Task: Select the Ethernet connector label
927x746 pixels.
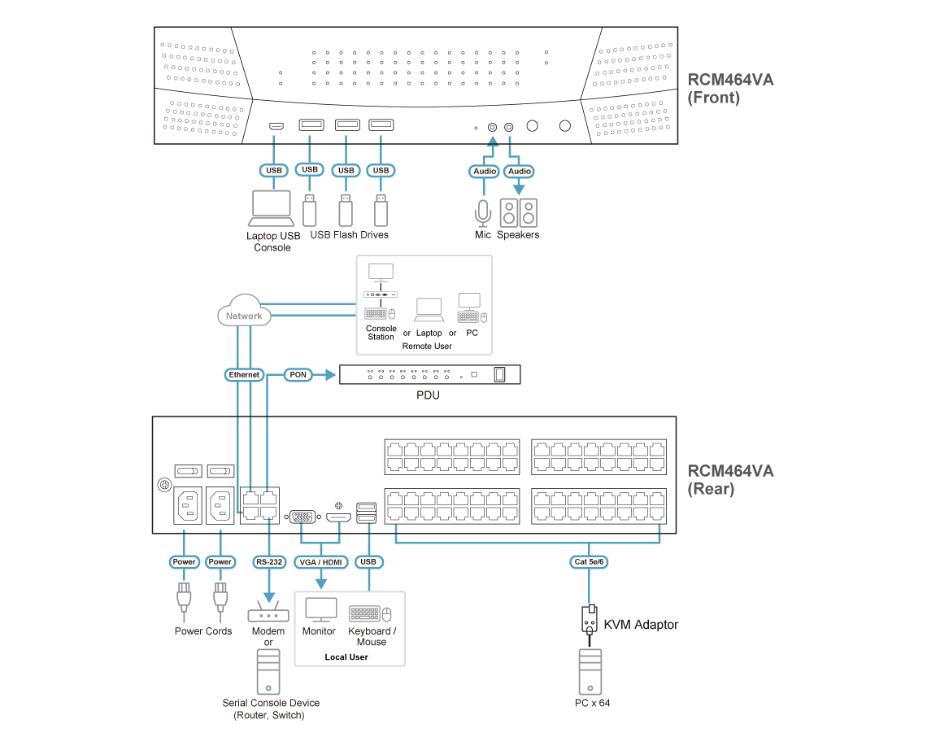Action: pyautogui.click(x=244, y=375)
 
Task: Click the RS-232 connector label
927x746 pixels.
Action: pyautogui.click(x=268, y=562)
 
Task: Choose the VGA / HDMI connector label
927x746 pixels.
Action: pyautogui.click(x=321, y=562)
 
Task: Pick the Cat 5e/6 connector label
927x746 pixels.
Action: pyautogui.click(x=589, y=562)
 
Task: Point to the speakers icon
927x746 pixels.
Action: pyautogui.click(x=519, y=212)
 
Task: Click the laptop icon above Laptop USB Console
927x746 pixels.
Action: pyautogui.click(x=272, y=208)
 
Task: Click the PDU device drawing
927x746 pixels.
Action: pyautogui.click(x=429, y=374)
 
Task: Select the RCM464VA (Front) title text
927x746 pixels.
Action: pyautogui.click(x=730, y=89)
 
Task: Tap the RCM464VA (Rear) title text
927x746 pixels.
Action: pyautogui.click(x=730, y=480)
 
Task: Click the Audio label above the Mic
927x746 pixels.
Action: pyautogui.click(x=485, y=172)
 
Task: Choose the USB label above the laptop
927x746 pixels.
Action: pyautogui.click(x=274, y=171)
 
